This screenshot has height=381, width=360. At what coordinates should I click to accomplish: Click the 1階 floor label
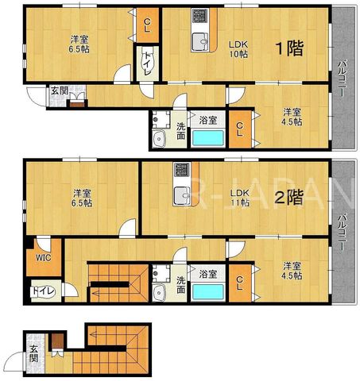click(x=289, y=48)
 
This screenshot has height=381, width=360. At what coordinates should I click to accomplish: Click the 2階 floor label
click(x=289, y=197)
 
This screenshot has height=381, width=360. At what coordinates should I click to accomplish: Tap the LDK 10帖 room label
click(x=238, y=49)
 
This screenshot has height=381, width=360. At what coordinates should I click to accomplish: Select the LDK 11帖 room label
click(x=239, y=198)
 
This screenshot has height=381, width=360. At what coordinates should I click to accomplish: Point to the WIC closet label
click(x=44, y=257)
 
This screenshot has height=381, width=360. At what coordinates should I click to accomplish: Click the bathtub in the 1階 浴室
click(x=208, y=138)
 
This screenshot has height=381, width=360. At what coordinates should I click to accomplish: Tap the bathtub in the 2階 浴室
click(x=208, y=291)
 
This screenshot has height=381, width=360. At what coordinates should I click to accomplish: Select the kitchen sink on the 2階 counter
click(x=182, y=196)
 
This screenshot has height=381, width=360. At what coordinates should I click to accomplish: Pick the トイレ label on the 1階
click(x=148, y=63)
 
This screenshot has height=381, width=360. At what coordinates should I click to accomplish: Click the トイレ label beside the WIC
click(x=44, y=291)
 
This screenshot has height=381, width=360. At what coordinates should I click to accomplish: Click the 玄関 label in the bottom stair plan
click(x=34, y=353)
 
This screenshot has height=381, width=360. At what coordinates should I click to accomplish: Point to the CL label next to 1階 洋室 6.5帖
click(x=147, y=25)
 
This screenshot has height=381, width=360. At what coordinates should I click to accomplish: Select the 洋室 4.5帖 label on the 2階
click(x=292, y=271)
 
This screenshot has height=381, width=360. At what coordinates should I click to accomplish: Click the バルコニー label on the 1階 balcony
click(x=343, y=79)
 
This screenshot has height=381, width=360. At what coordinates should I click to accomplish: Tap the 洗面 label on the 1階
click(x=181, y=130)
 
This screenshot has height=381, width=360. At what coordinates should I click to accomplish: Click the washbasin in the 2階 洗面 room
click(x=159, y=292)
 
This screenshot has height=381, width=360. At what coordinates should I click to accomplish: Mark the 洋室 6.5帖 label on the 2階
click(x=83, y=198)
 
